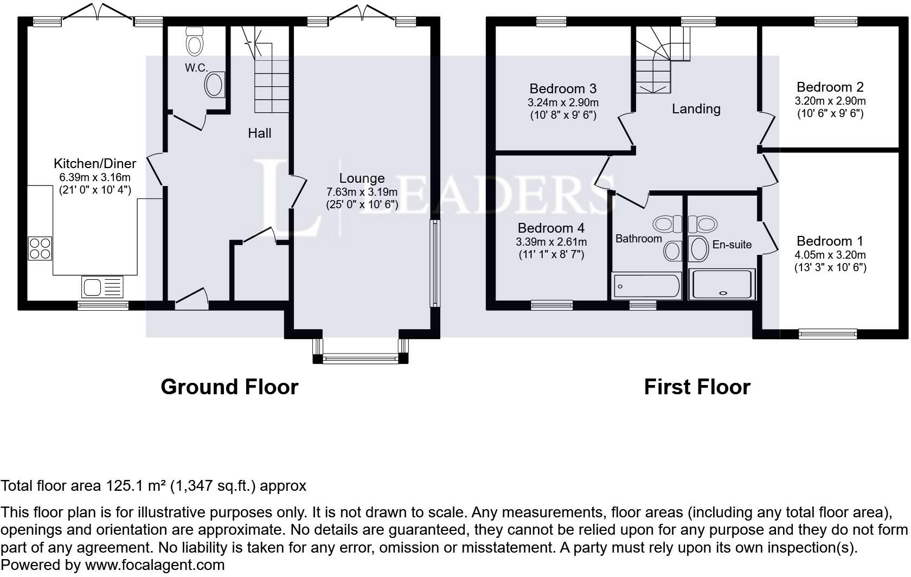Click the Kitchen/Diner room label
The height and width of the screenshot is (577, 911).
click(x=95, y=164)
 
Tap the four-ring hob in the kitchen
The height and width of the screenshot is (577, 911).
click(x=40, y=248)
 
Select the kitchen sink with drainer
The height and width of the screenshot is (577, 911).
click(x=102, y=287)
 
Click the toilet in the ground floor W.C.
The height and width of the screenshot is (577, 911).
click(x=194, y=41)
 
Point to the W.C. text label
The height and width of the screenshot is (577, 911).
click(x=196, y=68)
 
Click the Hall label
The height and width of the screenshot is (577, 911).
click(x=259, y=133)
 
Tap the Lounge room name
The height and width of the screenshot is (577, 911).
click(x=362, y=178)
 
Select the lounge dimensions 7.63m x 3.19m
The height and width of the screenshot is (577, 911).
click(x=362, y=192)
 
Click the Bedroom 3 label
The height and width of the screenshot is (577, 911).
click(x=563, y=88)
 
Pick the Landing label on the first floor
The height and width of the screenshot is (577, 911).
click(x=696, y=109)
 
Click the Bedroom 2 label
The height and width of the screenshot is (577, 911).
click(x=830, y=87)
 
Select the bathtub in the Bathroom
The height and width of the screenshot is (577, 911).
click(x=646, y=286)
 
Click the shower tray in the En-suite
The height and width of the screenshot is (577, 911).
click(x=722, y=284)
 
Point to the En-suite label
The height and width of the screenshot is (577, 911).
click(x=732, y=245)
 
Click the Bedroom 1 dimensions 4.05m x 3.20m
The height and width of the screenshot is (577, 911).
click(x=830, y=255)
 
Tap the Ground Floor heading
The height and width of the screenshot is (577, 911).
click(x=229, y=387)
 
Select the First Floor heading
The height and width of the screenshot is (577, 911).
click(x=697, y=387)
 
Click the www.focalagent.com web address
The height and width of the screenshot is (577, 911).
click(x=155, y=565)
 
